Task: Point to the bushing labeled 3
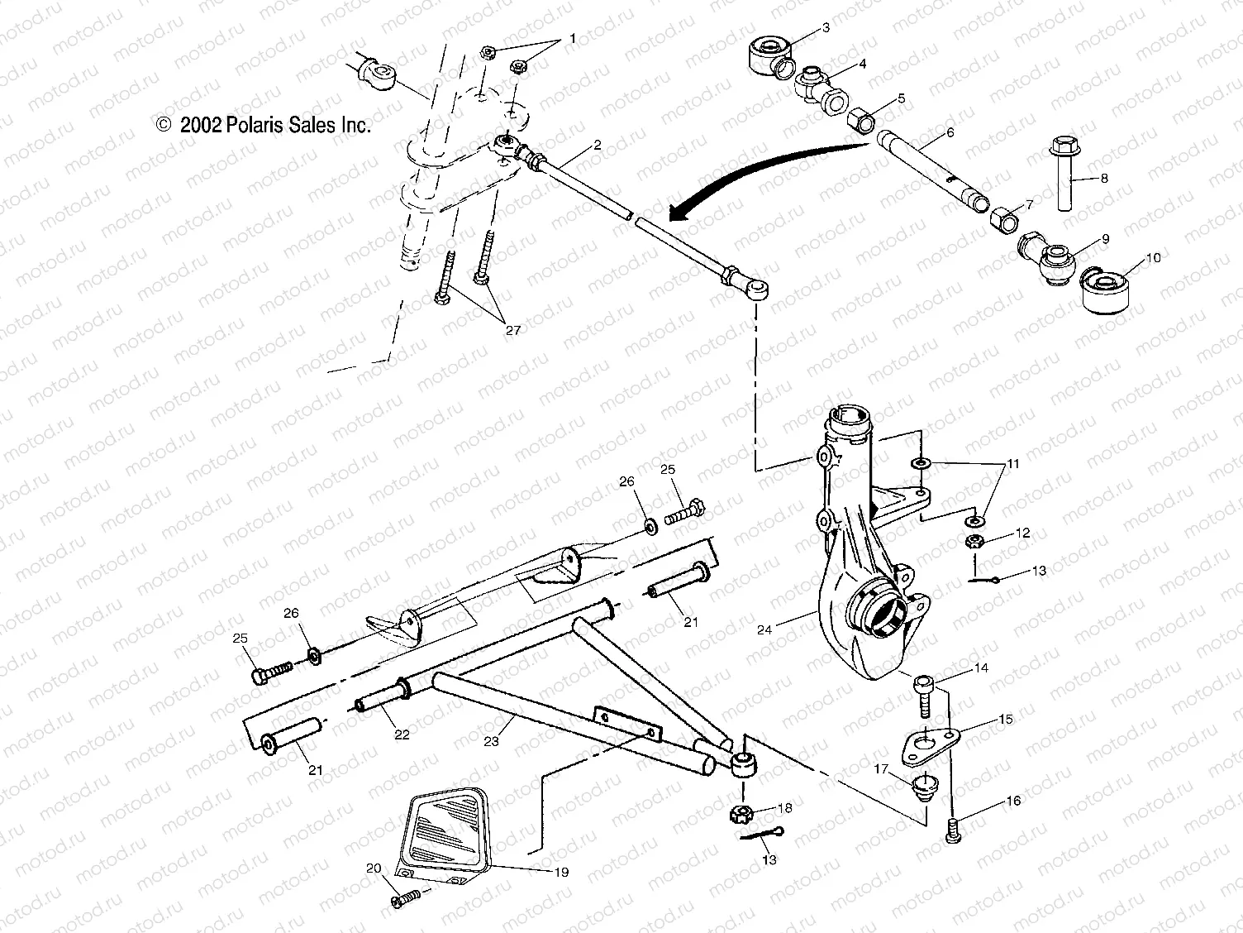[x=768, y=54]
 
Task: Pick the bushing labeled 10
[x=1105, y=290]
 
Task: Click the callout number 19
[x=561, y=872]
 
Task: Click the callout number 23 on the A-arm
[x=492, y=741]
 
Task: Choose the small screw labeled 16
[x=954, y=826]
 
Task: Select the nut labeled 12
[x=975, y=543]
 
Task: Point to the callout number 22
[x=400, y=733]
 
